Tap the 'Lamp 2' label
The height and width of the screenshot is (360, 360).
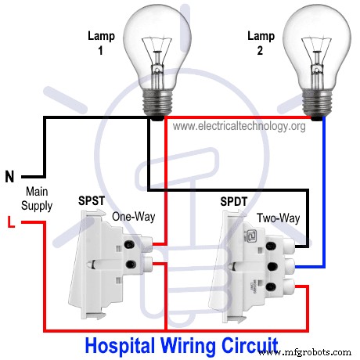point(261,43)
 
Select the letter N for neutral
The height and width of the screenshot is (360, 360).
point(9,177)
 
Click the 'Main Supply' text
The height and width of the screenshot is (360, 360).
point(38,199)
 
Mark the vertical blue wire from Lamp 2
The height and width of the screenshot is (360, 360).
point(325,196)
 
